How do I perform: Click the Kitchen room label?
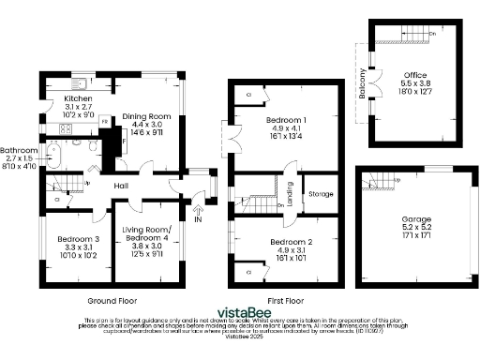coord(77,97)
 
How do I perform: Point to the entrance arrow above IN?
coord(198,208)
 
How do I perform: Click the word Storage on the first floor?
coord(321,195)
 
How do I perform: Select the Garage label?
coord(412,218)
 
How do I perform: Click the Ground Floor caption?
coord(112,302)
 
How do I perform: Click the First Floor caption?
coord(284,302)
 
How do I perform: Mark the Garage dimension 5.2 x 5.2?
coord(412,228)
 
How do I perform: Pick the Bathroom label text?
coord(19,150)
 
